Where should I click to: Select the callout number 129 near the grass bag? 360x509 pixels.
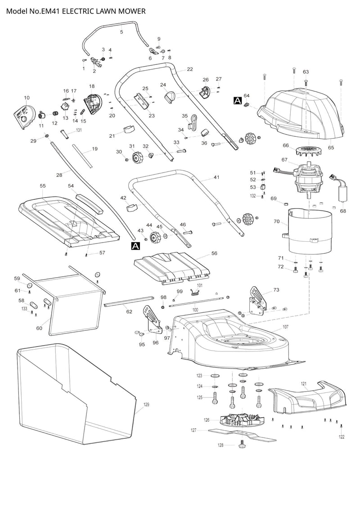[x=146, y=405]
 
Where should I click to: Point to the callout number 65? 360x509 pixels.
[x=331, y=147]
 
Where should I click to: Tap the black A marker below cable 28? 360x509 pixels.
[x=135, y=245]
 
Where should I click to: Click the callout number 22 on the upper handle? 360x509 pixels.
[x=189, y=69]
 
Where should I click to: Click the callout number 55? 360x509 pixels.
[x=43, y=185]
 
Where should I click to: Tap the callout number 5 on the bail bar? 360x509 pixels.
[x=121, y=32]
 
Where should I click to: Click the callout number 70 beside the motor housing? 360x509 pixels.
[x=277, y=222]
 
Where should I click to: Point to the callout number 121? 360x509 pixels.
[x=304, y=383]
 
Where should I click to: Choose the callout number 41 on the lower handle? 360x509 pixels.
[x=216, y=178]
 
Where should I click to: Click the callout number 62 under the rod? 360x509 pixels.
[x=129, y=311]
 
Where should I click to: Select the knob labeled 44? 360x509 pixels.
[x=155, y=236]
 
